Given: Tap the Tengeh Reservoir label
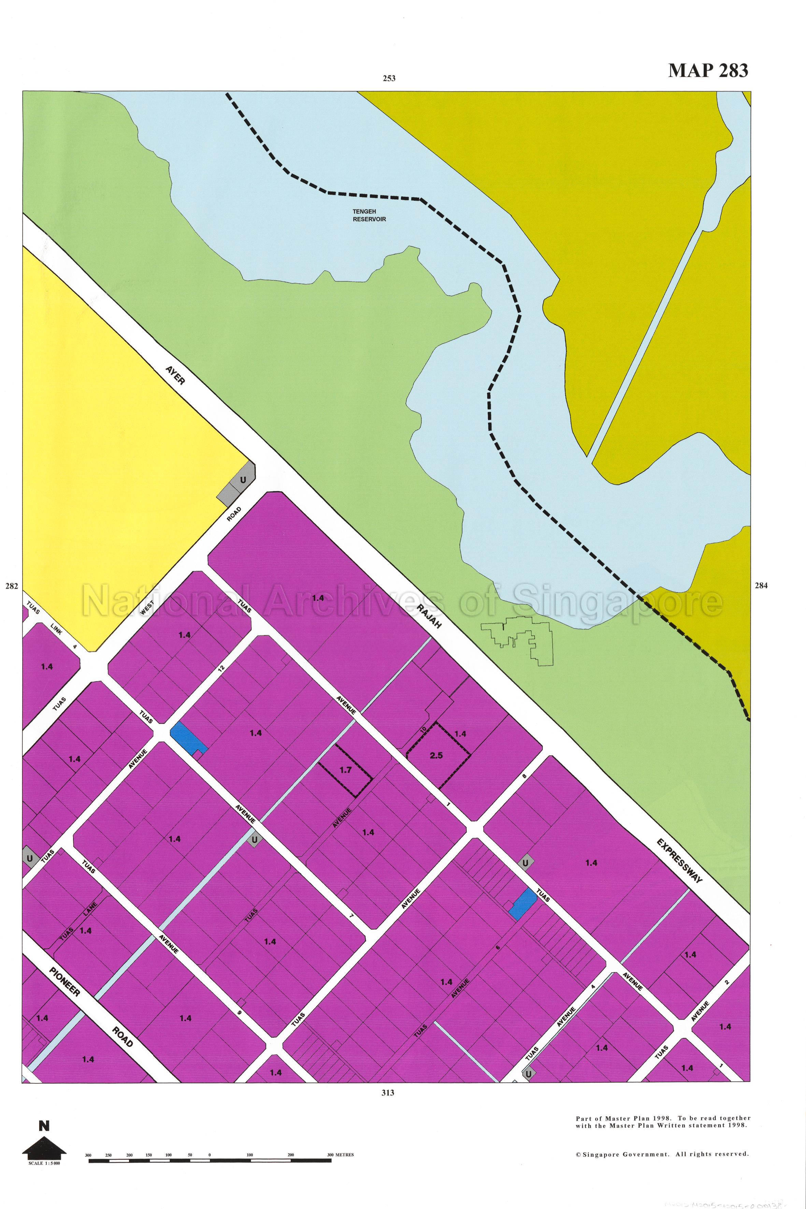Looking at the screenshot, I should [x=369, y=215].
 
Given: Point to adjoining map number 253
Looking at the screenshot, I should [x=389, y=78].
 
